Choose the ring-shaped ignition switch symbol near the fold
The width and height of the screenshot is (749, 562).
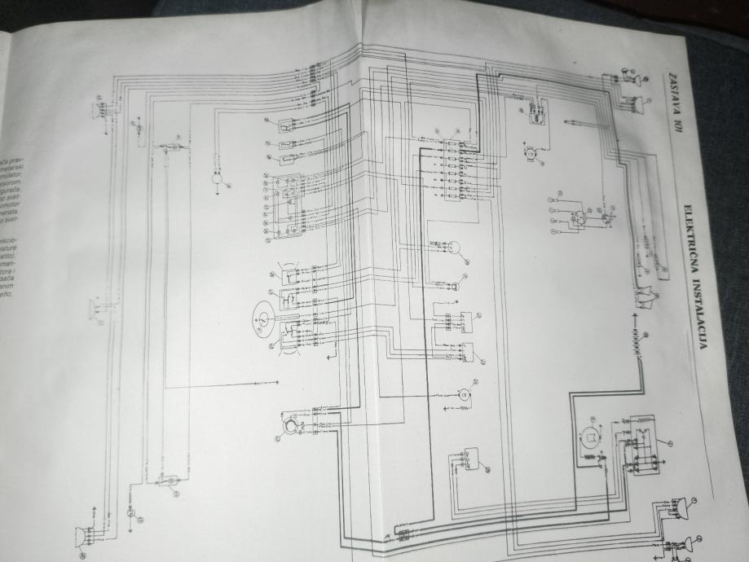click(x=290, y=425)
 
